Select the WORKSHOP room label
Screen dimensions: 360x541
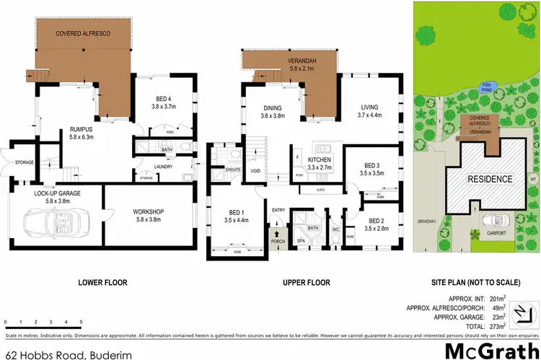tap(149, 212)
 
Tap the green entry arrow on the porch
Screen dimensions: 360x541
tap(274, 236)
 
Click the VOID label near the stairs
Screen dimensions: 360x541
tap(255, 170)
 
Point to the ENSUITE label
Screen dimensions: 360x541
tap(232, 170)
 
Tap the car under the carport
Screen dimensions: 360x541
tap(494, 219)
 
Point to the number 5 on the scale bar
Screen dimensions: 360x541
tap(82, 322)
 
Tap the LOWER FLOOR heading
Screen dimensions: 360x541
tap(98, 282)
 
